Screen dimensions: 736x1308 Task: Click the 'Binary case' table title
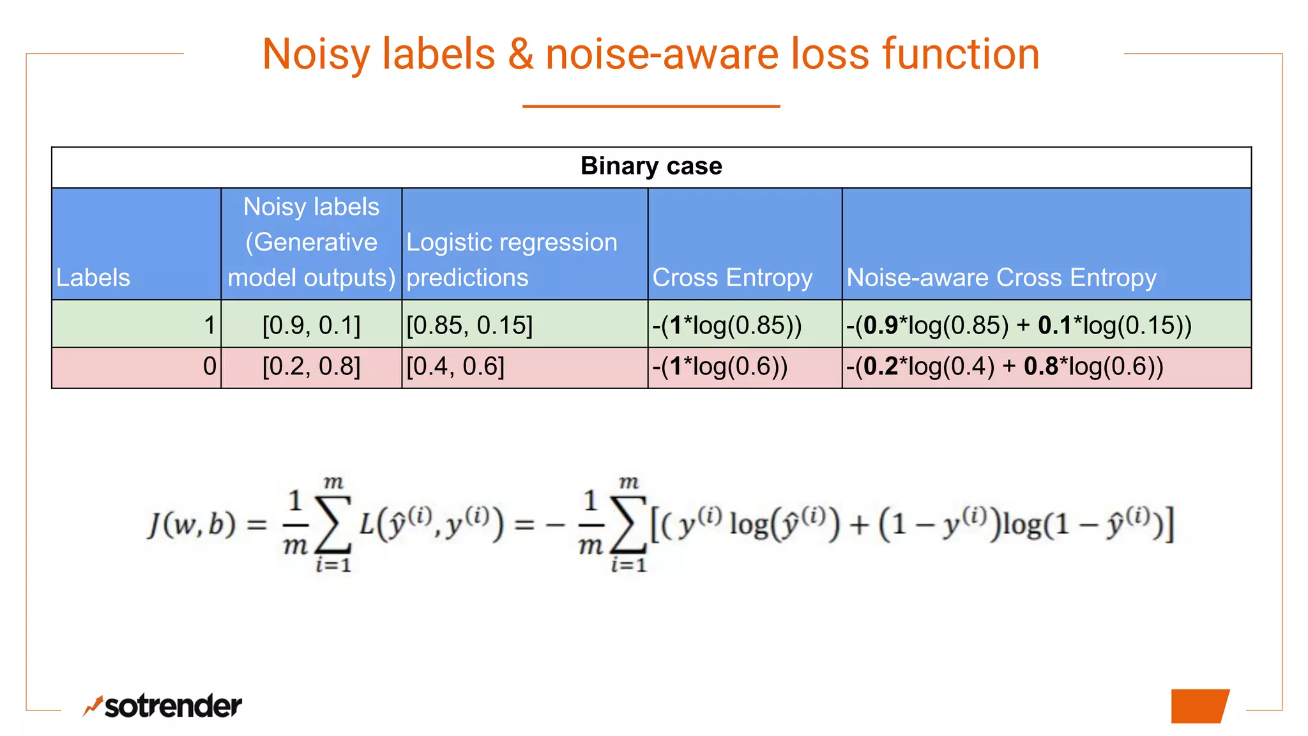pyautogui.click(x=651, y=166)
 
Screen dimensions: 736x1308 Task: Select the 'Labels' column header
pyautogui.click(x=93, y=277)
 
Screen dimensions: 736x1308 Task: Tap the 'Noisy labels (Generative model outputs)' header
pyautogui.click(x=312, y=242)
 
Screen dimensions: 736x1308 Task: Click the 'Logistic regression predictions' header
pyautogui.click(x=512, y=259)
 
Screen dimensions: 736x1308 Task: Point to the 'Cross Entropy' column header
pyautogui.click(x=732, y=277)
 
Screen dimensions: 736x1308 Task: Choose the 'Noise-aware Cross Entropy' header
pyautogui.click(x=1001, y=277)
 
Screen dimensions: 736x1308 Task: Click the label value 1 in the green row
pyautogui.click(x=209, y=325)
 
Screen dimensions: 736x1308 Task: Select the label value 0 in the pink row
pyautogui.click(x=209, y=367)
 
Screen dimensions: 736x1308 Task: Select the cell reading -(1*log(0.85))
pyautogui.click(x=727, y=325)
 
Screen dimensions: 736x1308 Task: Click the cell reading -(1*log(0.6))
pyautogui.click(x=720, y=367)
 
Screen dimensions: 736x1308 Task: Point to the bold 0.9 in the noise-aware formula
pyautogui.click(x=881, y=325)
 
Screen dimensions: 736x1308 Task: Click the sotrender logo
pyautogui.click(x=163, y=706)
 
